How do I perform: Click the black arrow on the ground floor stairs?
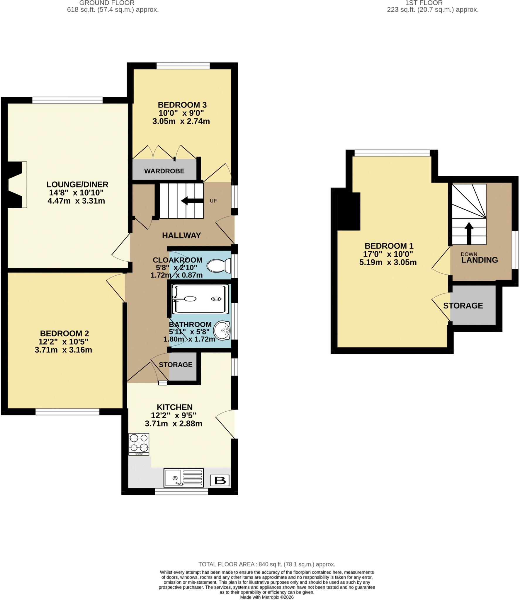coord(192,201)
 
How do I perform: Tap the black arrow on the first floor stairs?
coord(469,233)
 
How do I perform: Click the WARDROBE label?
coord(164,171)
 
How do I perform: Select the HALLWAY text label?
coord(181,235)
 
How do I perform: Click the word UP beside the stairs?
coord(213,201)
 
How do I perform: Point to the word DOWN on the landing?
coord(469,254)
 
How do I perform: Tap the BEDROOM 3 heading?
coord(182,105)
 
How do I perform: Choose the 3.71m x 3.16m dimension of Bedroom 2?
coord(63,350)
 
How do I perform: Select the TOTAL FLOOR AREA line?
coord(267,564)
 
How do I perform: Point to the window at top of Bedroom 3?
coord(183,66)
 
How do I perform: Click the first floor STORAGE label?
coord(463,306)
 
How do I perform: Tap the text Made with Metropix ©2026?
coord(267,597)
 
